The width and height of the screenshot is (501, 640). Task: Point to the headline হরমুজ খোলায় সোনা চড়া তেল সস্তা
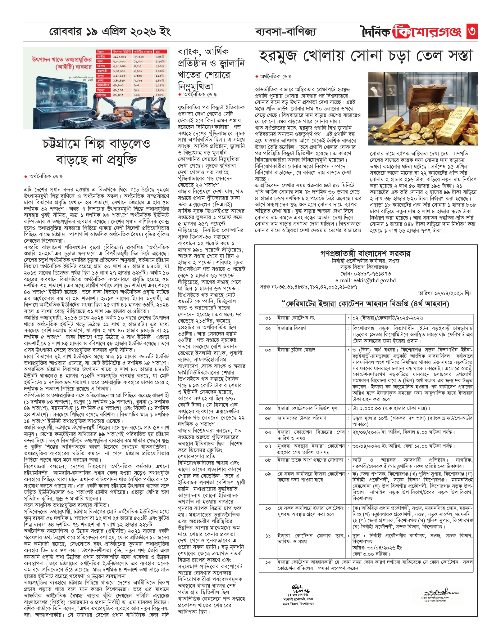pyautogui.click(x=366, y=56)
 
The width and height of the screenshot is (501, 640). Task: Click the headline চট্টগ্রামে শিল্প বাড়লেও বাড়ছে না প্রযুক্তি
pyautogui.click(x=96, y=152)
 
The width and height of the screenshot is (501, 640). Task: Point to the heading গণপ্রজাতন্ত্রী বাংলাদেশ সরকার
pyautogui.click(x=365, y=253)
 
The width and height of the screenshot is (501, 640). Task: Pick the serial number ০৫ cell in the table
pyautogui.click(x=268, y=418)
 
